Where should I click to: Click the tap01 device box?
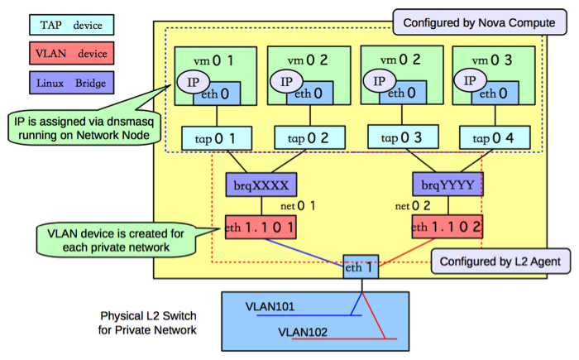coord(209,137)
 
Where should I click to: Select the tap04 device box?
coord(486,137)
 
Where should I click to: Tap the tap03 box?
coord(395,137)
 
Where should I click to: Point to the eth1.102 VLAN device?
coord(447,226)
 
